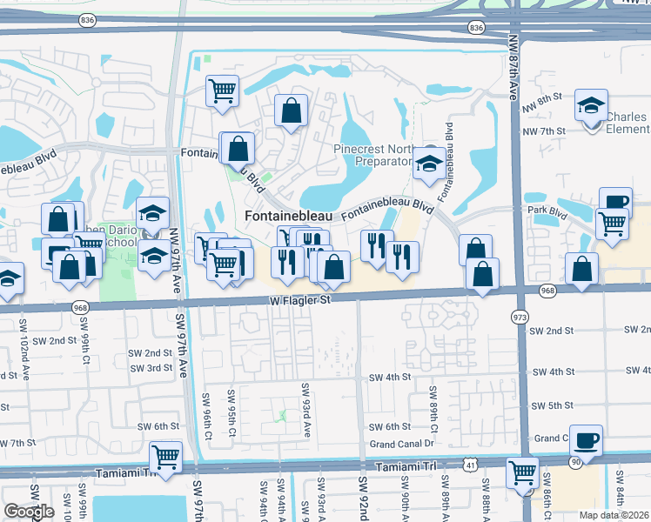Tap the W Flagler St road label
coord(299,301)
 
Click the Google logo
coord(29,512)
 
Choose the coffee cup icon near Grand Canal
coord(588,439)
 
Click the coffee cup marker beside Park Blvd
coord(615,202)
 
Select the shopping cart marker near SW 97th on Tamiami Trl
coord(165,455)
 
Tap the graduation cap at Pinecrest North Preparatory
coord(428,163)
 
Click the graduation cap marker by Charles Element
coord(591,107)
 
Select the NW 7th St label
coord(544,130)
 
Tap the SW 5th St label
coord(553,405)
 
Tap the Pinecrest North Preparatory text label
coord(372,155)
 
